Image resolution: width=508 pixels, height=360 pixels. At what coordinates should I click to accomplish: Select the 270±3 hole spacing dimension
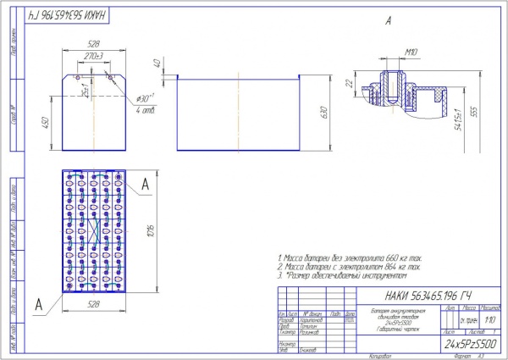[94, 56]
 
